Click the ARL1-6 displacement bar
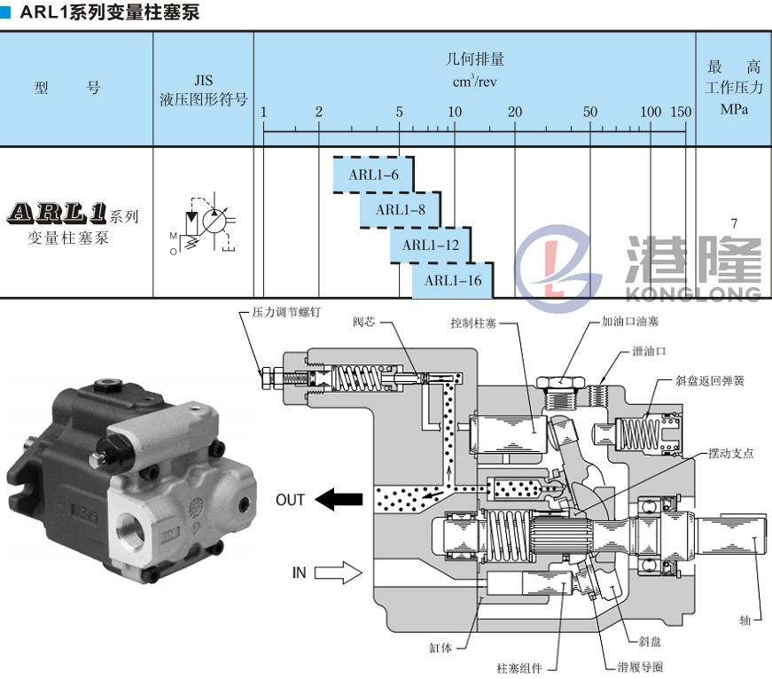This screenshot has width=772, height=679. point(374,175)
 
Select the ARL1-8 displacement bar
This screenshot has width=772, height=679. point(401,209)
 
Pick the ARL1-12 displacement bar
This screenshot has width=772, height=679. point(430,245)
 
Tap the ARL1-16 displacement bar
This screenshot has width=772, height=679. point(452,280)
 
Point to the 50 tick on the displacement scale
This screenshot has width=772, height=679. point(590,112)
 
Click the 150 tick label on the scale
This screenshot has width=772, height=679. point(681,112)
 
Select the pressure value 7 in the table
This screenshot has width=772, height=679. point(733,222)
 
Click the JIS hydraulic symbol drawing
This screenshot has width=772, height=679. point(204,222)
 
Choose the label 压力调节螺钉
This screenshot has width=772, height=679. point(280,313)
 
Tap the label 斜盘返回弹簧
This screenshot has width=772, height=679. point(710,381)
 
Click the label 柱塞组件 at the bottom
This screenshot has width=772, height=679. point(519,667)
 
